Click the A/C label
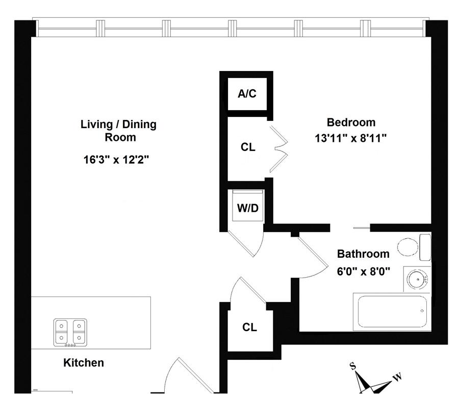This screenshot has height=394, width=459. coord(247,94)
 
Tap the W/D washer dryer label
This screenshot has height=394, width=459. coord(248,208)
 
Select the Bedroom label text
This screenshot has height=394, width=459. coord(351,122)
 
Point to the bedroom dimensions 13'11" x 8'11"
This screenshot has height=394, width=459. coord(351,138)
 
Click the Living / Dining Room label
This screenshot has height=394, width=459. coord(119,131)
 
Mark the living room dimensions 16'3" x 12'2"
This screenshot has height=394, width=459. coord(116,160)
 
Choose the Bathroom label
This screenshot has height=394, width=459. coord(363,254)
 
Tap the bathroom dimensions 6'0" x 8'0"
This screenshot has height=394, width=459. coord(363,271)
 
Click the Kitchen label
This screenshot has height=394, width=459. coord(84,363)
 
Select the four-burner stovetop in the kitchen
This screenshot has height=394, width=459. coord(70,332)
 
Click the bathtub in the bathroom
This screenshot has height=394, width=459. coord(392,311)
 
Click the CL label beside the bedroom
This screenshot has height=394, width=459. coord(248,147)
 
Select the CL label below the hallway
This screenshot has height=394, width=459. coord(249,328)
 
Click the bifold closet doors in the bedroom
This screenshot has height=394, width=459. coord(279,148)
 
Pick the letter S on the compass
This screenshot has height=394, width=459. coord(352,365)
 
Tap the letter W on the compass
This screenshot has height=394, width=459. coord(397,377)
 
